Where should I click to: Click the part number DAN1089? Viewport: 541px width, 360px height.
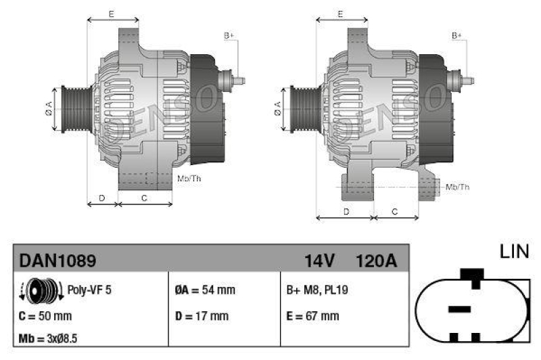57,260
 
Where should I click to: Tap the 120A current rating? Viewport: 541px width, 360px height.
375,260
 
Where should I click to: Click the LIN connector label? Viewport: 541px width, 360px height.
514,252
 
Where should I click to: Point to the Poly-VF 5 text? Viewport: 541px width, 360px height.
89,290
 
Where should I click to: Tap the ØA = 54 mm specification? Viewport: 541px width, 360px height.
204,290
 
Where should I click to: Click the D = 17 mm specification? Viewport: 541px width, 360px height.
202,316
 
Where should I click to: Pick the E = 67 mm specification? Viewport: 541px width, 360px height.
312,316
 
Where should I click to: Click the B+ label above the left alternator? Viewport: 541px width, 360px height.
229,35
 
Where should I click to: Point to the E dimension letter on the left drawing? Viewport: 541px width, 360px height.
112,14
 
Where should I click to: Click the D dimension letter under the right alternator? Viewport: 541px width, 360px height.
346,212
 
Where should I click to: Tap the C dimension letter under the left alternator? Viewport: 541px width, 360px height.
145,198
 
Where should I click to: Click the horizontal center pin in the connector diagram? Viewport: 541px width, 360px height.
459,309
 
